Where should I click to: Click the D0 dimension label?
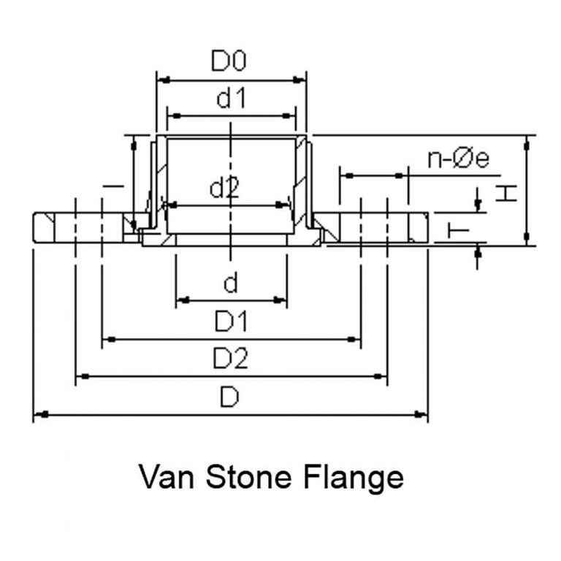pyautogui.click(x=229, y=61)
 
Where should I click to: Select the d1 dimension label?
pyautogui.click(x=230, y=99)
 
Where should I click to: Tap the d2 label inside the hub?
pyautogui.click(x=225, y=188)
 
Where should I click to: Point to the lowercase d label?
pyautogui.click(x=230, y=282)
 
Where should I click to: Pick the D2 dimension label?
pyautogui.click(x=231, y=359)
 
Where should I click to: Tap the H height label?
pyautogui.click(x=505, y=193)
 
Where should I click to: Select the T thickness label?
pyautogui.click(x=458, y=232)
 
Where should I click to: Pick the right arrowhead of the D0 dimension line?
pyautogui.click(x=299, y=80)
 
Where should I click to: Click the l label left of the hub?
pyautogui.click(x=113, y=187)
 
